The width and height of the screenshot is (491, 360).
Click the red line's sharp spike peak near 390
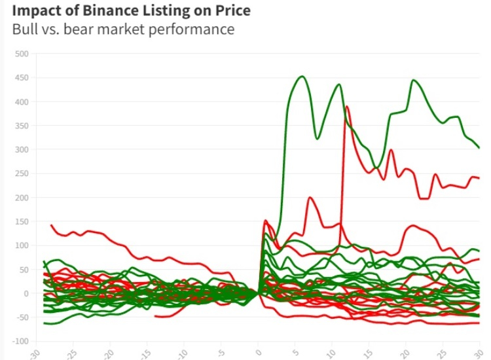tap(347, 106)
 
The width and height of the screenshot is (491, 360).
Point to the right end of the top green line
tap(479, 147)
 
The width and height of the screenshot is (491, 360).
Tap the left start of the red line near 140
tap(51, 225)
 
